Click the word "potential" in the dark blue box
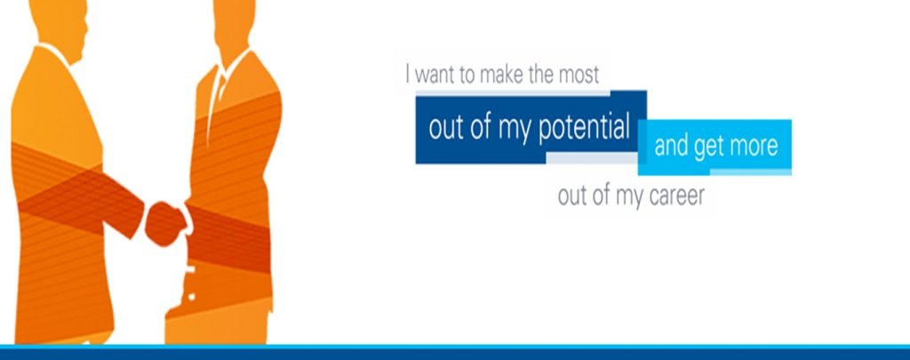coord(584,128)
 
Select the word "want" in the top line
coord(436,76)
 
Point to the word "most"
coord(578,76)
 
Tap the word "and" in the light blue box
coord(672,145)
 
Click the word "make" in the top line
coord(502,76)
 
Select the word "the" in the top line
coord(541,76)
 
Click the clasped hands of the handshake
coord(166,222)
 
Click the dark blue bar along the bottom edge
coord(455,354)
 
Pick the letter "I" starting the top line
coord(408,75)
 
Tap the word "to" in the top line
coord(468,76)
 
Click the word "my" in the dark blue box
coord(515,132)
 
